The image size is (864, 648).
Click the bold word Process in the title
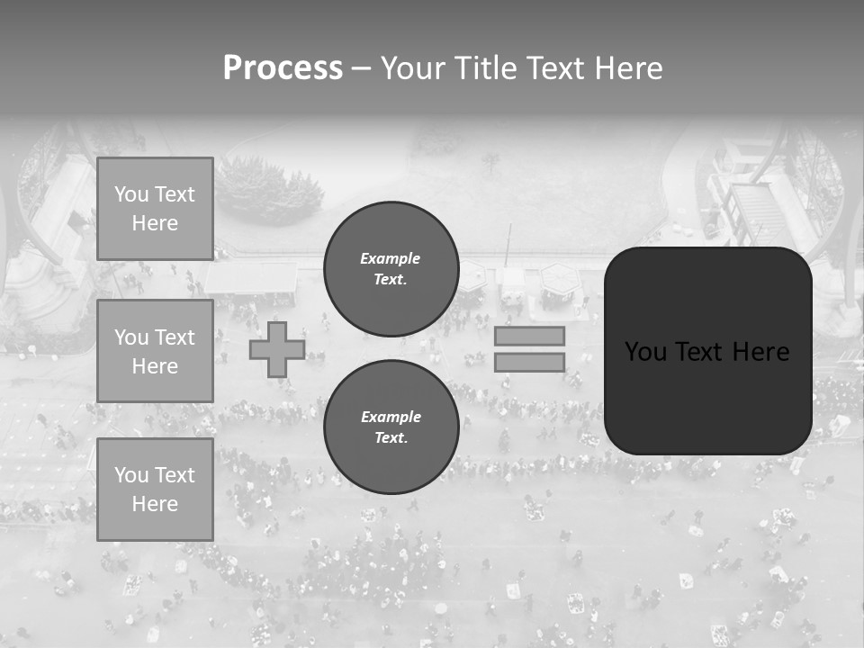pyautogui.click(x=283, y=68)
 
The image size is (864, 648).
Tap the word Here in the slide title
pyautogui.click(x=626, y=68)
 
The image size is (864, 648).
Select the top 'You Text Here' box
pyautogui.click(x=155, y=209)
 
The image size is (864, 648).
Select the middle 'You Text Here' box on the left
pyautogui.click(x=155, y=351)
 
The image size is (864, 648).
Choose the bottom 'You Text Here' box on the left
pyautogui.click(x=155, y=490)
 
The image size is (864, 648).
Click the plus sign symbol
pyautogui.click(x=277, y=349)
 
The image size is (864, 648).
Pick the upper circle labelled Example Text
pyautogui.click(x=391, y=269)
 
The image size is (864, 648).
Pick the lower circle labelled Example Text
pyautogui.click(x=391, y=427)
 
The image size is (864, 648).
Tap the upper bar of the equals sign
pyautogui.click(x=529, y=336)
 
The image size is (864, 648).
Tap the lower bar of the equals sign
pyautogui.click(x=529, y=362)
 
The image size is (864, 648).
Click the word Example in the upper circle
pyautogui.click(x=391, y=258)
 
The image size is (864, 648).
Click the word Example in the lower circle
pyautogui.click(x=391, y=417)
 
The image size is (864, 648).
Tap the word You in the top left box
pyautogui.click(x=130, y=194)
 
